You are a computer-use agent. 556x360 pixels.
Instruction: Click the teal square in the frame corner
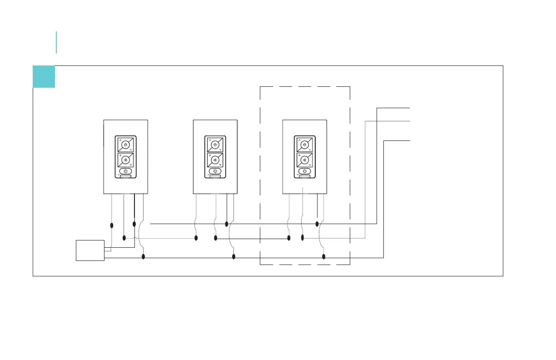(44, 77)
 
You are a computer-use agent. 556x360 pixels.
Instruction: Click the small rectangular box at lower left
(90, 250)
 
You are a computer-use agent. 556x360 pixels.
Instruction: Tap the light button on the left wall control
(125, 144)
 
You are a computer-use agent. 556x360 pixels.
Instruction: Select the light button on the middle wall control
(215, 144)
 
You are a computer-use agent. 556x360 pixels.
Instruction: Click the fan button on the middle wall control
(215, 160)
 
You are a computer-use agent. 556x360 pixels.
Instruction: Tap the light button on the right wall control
(304, 144)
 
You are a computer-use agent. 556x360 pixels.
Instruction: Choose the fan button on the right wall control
(304, 160)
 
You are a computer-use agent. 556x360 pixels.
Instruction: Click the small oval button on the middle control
(215, 172)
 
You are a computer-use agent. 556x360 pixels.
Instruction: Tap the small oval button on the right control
(305, 172)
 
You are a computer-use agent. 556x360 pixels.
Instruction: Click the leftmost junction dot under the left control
(112, 225)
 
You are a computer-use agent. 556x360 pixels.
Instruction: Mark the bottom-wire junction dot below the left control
(144, 257)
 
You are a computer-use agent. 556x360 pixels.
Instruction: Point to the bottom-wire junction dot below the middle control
(233, 257)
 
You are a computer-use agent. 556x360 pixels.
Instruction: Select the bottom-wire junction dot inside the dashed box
(324, 257)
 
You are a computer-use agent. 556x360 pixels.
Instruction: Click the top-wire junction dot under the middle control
(227, 224)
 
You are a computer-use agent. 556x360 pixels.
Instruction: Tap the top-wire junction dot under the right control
(317, 224)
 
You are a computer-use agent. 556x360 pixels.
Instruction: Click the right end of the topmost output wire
(410, 108)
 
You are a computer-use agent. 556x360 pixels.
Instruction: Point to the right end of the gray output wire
(410, 121)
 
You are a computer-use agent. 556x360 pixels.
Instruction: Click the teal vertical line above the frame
(56, 42)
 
